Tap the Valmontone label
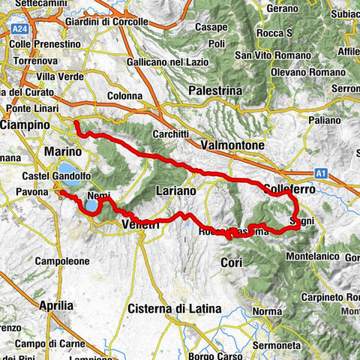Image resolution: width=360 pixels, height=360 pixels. (x=233, y=144)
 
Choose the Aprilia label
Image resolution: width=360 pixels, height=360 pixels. (x=55, y=305)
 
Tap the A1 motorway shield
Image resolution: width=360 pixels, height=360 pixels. (x=321, y=174)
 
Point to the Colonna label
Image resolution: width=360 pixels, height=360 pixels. (x=124, y=96)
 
